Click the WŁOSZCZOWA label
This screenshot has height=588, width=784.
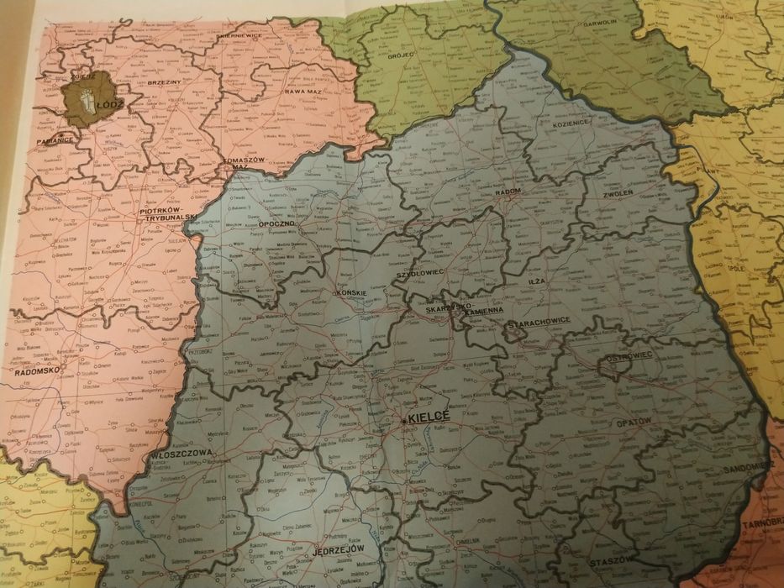click(182, 454)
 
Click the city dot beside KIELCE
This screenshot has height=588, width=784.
click(404, 418)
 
